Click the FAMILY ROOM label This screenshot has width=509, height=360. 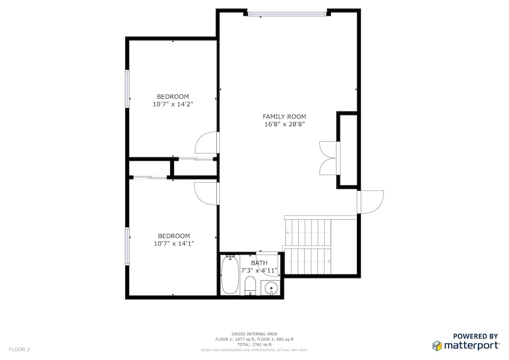click(x=284, y=117)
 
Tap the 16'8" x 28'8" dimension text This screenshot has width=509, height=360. click(x=285, y=124)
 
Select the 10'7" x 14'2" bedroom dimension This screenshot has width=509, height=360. click(x=173, y=104)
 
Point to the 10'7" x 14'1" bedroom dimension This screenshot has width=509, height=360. click(x=174, y=243)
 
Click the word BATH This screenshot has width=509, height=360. click(x=260, y=263)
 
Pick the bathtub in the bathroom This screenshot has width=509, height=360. click(x=230, y=274)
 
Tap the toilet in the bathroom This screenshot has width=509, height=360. click(x=250, y=285)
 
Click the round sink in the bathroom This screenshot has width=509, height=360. click(x=271, y=287)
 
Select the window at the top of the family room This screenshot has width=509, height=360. click(x=287, y=14)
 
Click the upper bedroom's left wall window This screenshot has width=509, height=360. click(x=128, y=89)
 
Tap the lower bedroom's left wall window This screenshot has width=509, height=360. click(x=128, y=246)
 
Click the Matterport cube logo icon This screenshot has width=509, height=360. click(x=437, y=346)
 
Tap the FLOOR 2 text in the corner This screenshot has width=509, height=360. click(x=19, y=350)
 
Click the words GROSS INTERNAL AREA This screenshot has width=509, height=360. click(x=254, y=334)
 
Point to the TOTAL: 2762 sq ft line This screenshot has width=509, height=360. click(x=254, y=345)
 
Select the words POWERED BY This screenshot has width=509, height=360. click(x=475, y=336)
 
